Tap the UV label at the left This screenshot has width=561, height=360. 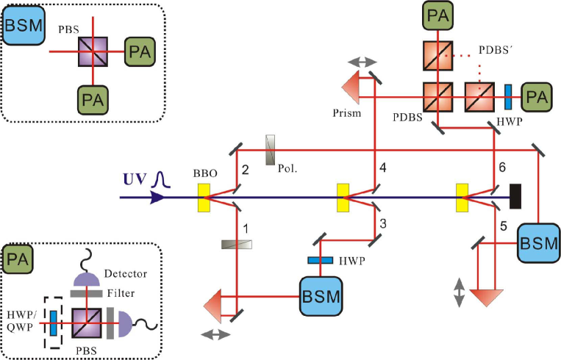(x=135, y=179)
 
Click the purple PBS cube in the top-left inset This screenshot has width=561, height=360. (x=93, y=53)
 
